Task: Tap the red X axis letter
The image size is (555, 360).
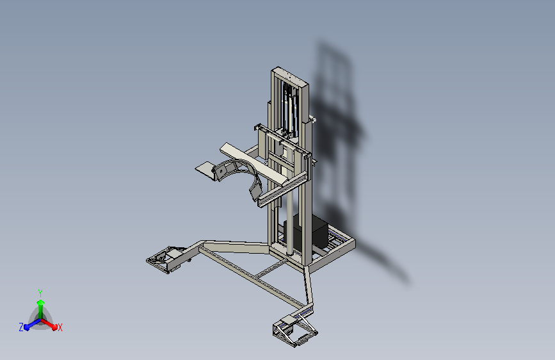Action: point(60,327)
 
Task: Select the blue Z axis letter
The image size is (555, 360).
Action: point(21,327)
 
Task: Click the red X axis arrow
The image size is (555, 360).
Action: point(51,323)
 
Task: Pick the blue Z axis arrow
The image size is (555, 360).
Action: point(29,324)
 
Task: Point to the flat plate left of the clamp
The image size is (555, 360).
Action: point(205,168)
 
